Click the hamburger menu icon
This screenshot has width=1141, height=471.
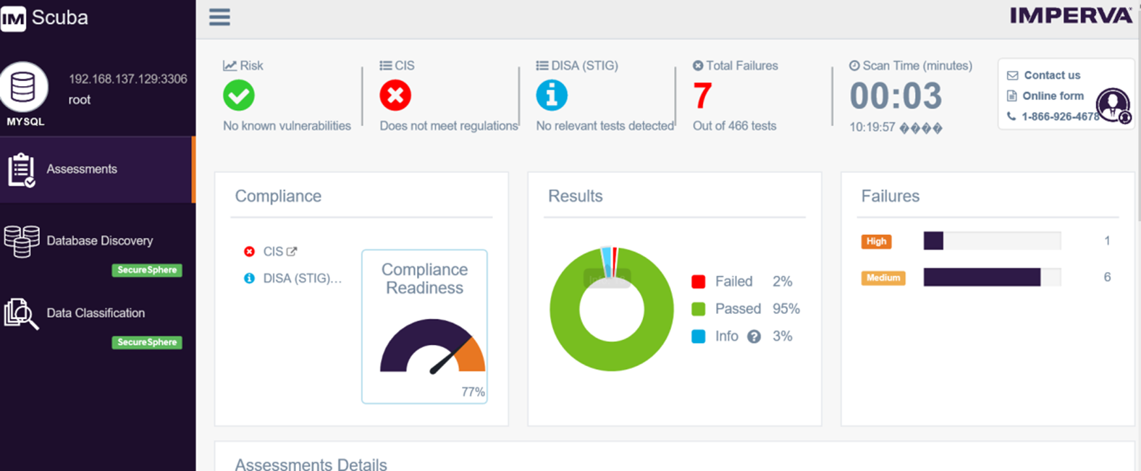tap(219, 17)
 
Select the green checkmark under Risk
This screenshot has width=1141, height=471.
tap(238, 96)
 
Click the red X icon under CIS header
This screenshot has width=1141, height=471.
tap(395, 96)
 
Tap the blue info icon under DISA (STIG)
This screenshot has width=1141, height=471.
tap(552, 96)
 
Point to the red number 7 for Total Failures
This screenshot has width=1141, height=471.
tap(702, 96)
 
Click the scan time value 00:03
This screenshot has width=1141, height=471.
tap(896, 96)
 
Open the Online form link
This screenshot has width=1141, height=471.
tap(1053, 96)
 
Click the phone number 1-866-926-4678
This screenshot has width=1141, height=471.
tap(1060, 116)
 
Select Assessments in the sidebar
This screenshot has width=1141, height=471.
tap(82, 169)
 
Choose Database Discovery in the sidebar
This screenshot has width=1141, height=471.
tap(99, 241)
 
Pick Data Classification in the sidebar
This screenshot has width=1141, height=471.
tap(96, 313)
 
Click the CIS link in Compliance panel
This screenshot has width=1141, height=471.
tap(274, 252)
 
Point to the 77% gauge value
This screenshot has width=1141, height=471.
tap(473, 391)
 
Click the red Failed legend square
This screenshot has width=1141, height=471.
tap(698, 281)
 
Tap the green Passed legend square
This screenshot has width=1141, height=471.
tap(698, 309)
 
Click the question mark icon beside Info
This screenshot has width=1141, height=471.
tap(754, 336)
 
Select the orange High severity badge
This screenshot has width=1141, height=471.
tap(876, 242)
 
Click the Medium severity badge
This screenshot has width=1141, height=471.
tap(883, 278)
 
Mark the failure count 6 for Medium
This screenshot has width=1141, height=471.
tap(1107, 277)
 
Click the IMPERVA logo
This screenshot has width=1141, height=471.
tap(1071, 16)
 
